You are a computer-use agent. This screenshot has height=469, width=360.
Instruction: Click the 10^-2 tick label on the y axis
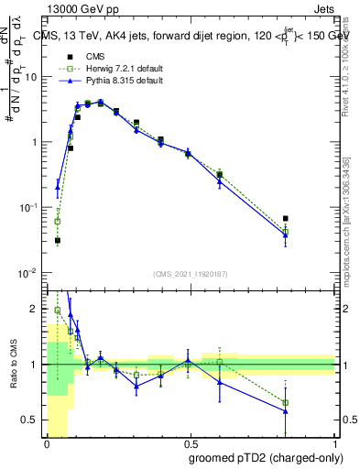point(30,273)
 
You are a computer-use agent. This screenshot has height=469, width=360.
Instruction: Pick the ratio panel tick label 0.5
point(33,420)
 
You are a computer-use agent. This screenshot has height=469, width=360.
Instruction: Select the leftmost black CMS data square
point(57,241)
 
